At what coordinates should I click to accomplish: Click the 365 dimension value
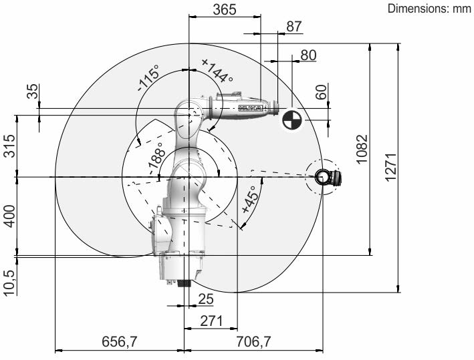pyautogui.click(x=225, y=9)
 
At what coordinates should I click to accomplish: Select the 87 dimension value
pyautogui.click(x=294, y=26)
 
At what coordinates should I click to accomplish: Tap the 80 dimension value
pyautogui.click(x=308, y=55)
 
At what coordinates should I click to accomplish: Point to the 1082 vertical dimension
pyautogui.click(x=362, y=149)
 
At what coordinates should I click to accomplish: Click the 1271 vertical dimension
pyautogui.click(x=390, y=167)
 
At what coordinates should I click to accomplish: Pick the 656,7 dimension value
pyautogui.click(x=120, y=341)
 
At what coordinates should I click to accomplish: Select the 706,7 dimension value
pyautogui.click(x=253, y=341)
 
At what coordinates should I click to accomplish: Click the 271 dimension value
pyautogui.click(x=211, y=321)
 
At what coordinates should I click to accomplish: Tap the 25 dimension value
pyautogui.click(x=206, y=299)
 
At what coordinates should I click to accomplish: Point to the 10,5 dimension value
pyautogui.click(x=9, y=283)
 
